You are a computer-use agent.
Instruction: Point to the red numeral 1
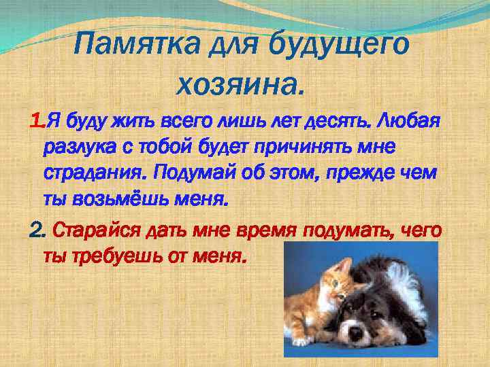pos(36,122)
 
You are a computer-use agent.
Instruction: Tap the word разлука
pos(76,146)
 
